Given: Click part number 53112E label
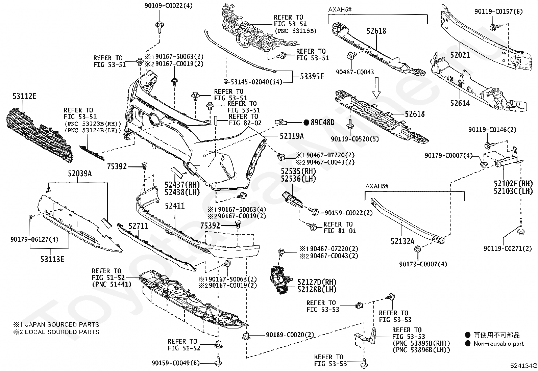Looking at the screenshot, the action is (24, 96).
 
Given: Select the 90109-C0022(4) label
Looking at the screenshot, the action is (169, 5).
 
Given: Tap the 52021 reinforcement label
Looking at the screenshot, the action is (460, 55).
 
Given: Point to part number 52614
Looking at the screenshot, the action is (460, 103).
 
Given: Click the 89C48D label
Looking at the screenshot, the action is (322, 123).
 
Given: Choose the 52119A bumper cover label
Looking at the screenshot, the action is (292, 136).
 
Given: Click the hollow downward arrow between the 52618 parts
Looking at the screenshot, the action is (376, 87).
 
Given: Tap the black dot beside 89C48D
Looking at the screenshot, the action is (306, 123).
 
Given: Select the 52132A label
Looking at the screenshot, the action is (402, 241).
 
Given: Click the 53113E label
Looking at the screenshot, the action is (52, 259).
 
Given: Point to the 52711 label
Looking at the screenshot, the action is (138, 226).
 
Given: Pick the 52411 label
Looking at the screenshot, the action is (175, 206).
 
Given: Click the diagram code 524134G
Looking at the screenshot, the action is (524, 366).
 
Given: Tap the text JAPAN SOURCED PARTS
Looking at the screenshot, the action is (62, 324).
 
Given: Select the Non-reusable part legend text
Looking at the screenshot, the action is (499, 344).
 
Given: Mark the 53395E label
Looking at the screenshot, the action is (312, 76).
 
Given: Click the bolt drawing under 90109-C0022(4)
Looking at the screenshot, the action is (159, 27).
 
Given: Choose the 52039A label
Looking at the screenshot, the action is (80, 174).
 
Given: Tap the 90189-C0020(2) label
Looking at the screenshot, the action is (290, 335).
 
